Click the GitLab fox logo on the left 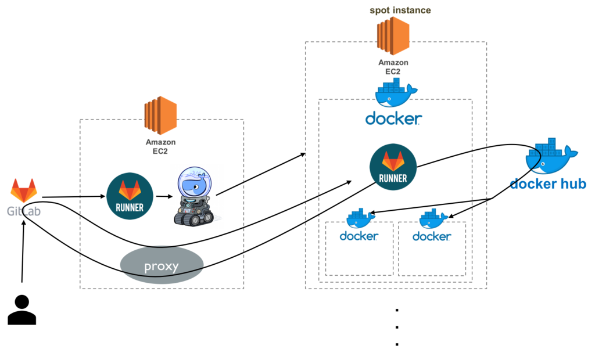click(x=24, y=190)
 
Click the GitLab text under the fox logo click(x=24, y=211)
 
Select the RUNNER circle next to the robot click(x=130, y=196)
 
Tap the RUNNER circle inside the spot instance click(x=393, y=167)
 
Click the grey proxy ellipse click(x=162, y=266)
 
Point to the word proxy click(x=162, y=267)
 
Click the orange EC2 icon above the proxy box click(x=160, y=115)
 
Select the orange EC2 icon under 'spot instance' click(x=393, y=36)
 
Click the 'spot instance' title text click(x=400, y=10)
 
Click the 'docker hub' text click(x=549, y=184)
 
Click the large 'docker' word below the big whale click(x=393, y=119)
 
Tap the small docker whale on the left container click(x=360, y=219)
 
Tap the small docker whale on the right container click(x=433, y=219)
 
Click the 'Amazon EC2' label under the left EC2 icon click(x=160, y=146)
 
